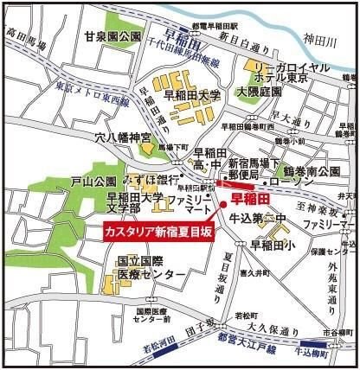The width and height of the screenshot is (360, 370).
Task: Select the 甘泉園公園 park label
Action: (112, 37)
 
